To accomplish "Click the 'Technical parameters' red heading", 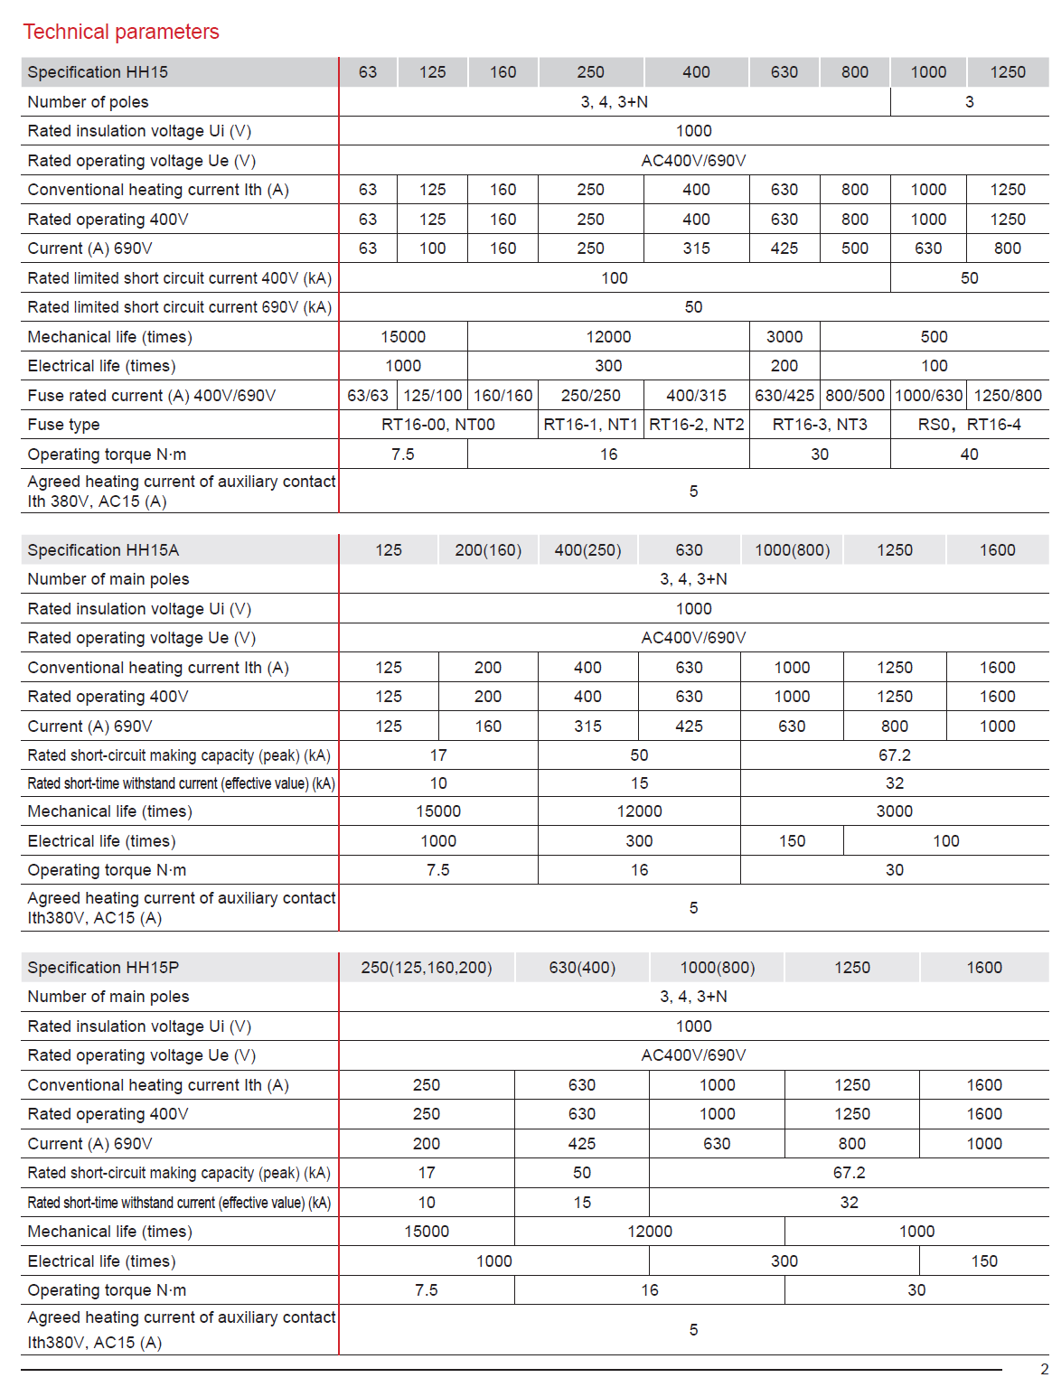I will point(121,32).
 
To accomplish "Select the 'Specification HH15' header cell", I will point(98,72).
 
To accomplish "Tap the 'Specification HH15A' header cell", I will point(103,550).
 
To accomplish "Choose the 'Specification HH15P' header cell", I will point(103,968).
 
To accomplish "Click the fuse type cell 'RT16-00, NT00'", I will point(438,425).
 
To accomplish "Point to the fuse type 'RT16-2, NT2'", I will point(697,425).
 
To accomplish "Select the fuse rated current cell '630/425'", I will point(784,396).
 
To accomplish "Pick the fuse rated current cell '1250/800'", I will point(1008,396).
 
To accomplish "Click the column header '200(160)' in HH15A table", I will point(488,550).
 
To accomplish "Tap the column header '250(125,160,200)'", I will point(427,968).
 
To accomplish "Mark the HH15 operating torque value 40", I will point(969,455).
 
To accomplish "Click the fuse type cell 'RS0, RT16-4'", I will point(969,425).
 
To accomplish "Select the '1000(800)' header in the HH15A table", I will point(792,550).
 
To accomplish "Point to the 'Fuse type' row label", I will point(63,425).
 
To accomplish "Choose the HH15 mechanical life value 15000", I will point(403,337).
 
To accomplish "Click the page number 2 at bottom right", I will point(1044,1369).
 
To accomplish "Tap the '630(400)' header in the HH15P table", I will point(582,968).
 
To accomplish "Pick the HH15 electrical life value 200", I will point(784,366).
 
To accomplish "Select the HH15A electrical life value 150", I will point(792,841).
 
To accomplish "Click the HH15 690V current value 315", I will point(696,248).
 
